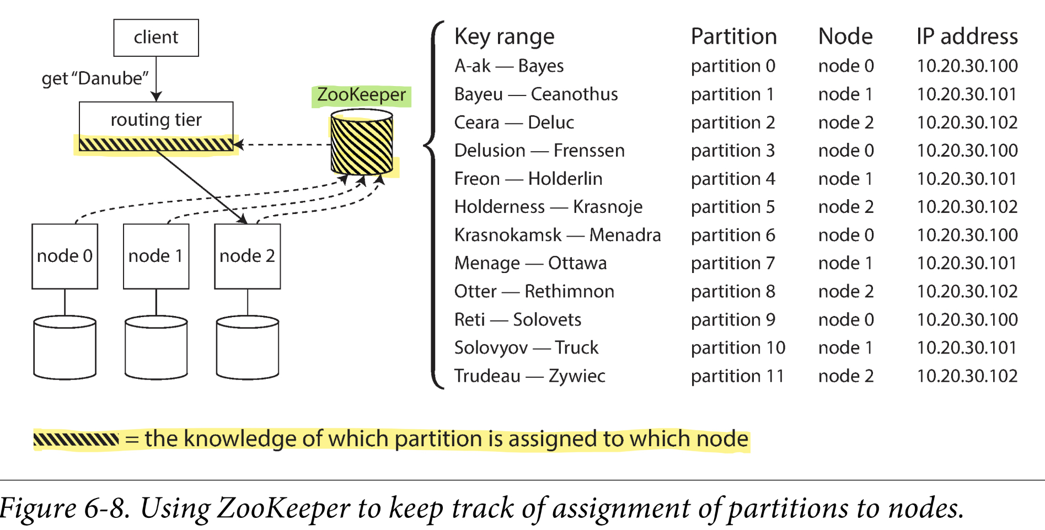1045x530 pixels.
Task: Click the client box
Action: [x=156, y=38]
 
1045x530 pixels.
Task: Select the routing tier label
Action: [x=156, y=120]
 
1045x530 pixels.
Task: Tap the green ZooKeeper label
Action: [x=361, y=95]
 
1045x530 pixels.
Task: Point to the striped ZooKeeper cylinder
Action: [x=362, y=143]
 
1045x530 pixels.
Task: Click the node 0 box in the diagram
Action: [x=65, y=256]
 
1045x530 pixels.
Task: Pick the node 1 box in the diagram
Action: [x=156, y=256]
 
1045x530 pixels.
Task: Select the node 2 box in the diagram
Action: [x=247, y=256]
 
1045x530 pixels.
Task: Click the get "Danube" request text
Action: [x=95, y=78]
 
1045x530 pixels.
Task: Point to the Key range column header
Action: [x=504, y=36]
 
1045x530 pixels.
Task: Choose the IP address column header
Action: [x=967, y=36]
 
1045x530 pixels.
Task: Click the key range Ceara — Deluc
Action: [x=514, y=122]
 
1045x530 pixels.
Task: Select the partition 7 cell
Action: [x=732, y=263]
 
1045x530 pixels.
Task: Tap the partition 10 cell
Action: [x=737, y=347]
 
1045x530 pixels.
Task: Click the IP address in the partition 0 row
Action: [x=967, y=66]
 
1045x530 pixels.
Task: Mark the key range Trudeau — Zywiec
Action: [x=529, y=376]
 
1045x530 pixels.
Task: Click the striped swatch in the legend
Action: [x=76, y=439]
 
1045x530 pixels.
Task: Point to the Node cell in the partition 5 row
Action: [x=845, y=207]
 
